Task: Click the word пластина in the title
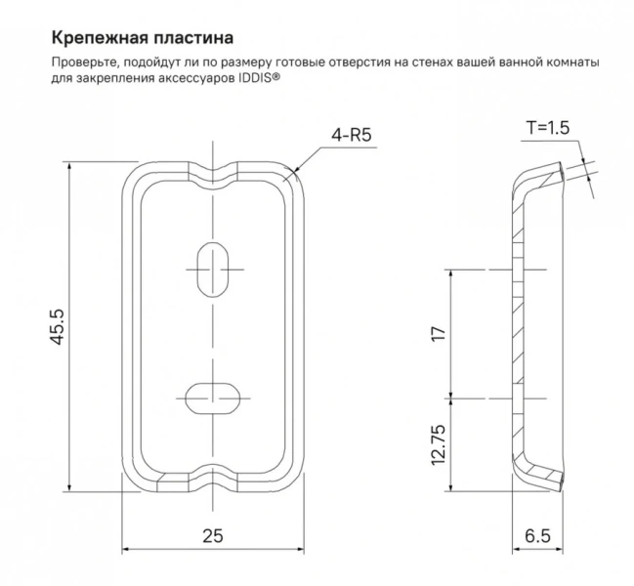[x=191, y=39]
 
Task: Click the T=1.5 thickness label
[x=547, y=127]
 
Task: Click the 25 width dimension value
[x=213, y=534]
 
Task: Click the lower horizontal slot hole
[x=211, y=398]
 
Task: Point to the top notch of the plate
[x=212, y=175]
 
